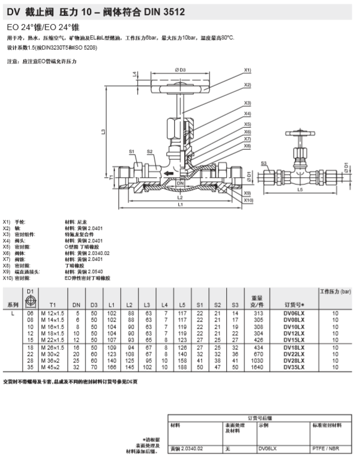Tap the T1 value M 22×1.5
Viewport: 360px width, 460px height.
click(x=52, y=340)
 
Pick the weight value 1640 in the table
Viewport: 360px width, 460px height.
click(x=256, y=366)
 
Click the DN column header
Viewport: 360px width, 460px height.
click(x=76, y=304)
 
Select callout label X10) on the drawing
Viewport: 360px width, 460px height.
click(x=248, y=200)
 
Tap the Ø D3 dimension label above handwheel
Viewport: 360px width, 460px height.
click(x=181, y=70)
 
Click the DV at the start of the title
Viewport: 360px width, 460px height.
click(x=13, y=10)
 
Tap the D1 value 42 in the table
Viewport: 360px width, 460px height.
click(x=30, y=366)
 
